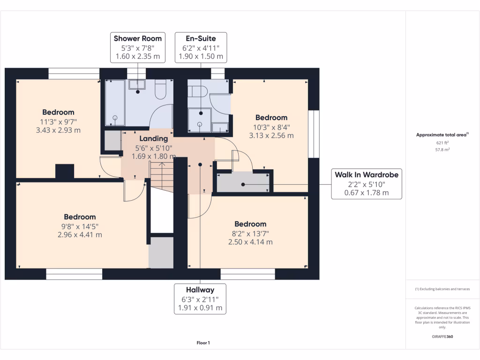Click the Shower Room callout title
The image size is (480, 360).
tap(138, 38)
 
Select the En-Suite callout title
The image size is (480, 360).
tap(201, 38)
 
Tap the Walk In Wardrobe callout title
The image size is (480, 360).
tap(367, 175)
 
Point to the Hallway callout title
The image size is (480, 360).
tap(200, 290)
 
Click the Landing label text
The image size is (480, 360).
tap(153, 138)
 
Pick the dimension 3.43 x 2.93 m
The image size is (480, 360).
tap(58, 130)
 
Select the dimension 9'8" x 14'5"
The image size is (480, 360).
tap(80, 226)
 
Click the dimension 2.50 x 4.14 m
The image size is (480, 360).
tap(250, 242)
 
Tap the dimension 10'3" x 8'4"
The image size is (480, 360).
tap(271, 127)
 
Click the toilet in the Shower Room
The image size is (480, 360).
tap(160, 90)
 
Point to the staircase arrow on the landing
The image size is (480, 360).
tap(161, 165)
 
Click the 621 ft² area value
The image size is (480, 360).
tap(442, 142)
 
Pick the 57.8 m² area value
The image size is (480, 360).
tap(442, 150)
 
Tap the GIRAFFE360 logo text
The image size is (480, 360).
tap(442, 337)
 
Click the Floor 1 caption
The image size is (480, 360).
tap(203, 343)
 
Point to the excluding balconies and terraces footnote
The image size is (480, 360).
tap(442, 289)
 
